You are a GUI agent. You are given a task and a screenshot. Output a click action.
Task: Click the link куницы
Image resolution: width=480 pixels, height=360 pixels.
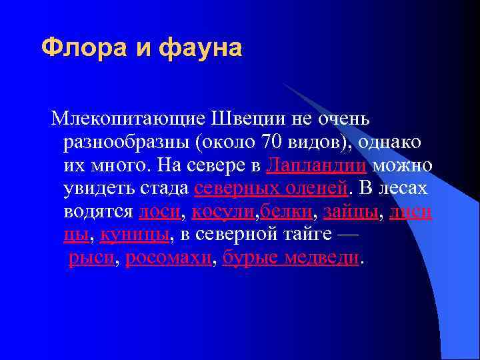[x=135, y=235]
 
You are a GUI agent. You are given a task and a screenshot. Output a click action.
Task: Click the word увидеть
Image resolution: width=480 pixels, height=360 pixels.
[x=99, y=188]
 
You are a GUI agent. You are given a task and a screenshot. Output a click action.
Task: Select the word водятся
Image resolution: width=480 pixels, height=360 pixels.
[x=98, y=211]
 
